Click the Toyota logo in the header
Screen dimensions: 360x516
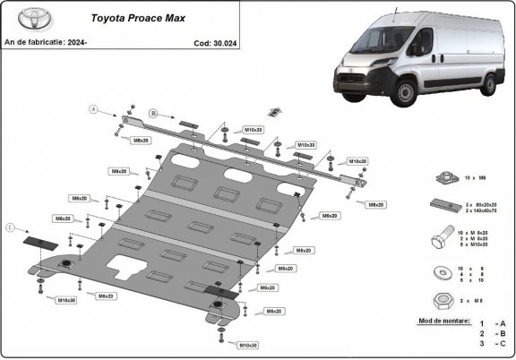click(x=23, y=21)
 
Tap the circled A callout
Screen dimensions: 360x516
click(x=91, y=109)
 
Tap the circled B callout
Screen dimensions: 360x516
click(x=153, y=113)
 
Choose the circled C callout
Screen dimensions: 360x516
click(x=10, y=229)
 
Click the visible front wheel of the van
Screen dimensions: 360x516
click(x=406, y=94)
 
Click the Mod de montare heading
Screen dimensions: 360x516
click(x=443, y=319)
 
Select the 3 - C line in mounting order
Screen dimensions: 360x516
click(x=493, y=343)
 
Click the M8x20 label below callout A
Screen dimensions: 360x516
click(x=141, y=141)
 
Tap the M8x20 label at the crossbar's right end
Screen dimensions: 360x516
click(x=375, y=204)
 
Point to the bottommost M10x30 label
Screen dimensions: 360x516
click(x=247, y=344)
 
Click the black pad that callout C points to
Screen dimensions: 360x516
click(x=39, y=241)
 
